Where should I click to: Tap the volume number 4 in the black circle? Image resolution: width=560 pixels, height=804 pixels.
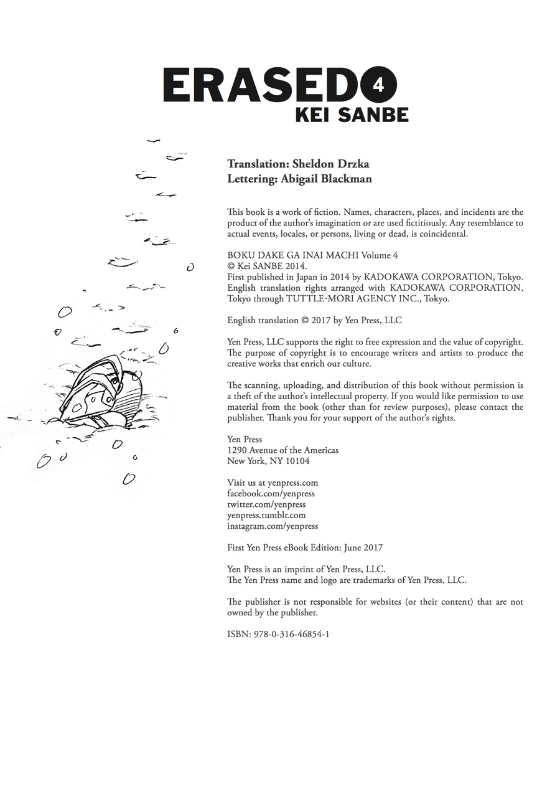click(377, 85)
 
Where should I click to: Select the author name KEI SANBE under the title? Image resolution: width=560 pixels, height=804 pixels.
click(352, 115)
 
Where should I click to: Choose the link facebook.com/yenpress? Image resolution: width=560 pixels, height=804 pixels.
click(271, 493)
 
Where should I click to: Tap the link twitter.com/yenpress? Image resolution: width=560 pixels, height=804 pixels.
click(266, 504)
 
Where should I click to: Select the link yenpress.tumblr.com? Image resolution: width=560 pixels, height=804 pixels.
click(266, 515)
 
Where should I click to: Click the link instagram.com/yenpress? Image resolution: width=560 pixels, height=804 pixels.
click(273, 526)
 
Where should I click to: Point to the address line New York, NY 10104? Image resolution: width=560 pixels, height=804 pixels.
click(268, 461)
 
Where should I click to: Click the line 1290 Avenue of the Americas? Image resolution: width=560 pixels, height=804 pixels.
click(282, 450)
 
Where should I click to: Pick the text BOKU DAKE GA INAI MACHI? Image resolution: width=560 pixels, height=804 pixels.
click(289, 255)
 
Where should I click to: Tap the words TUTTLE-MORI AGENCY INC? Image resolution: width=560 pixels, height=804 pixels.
click(353, 298)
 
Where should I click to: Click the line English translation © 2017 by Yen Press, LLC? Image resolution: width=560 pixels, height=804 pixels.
click(314, 320)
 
